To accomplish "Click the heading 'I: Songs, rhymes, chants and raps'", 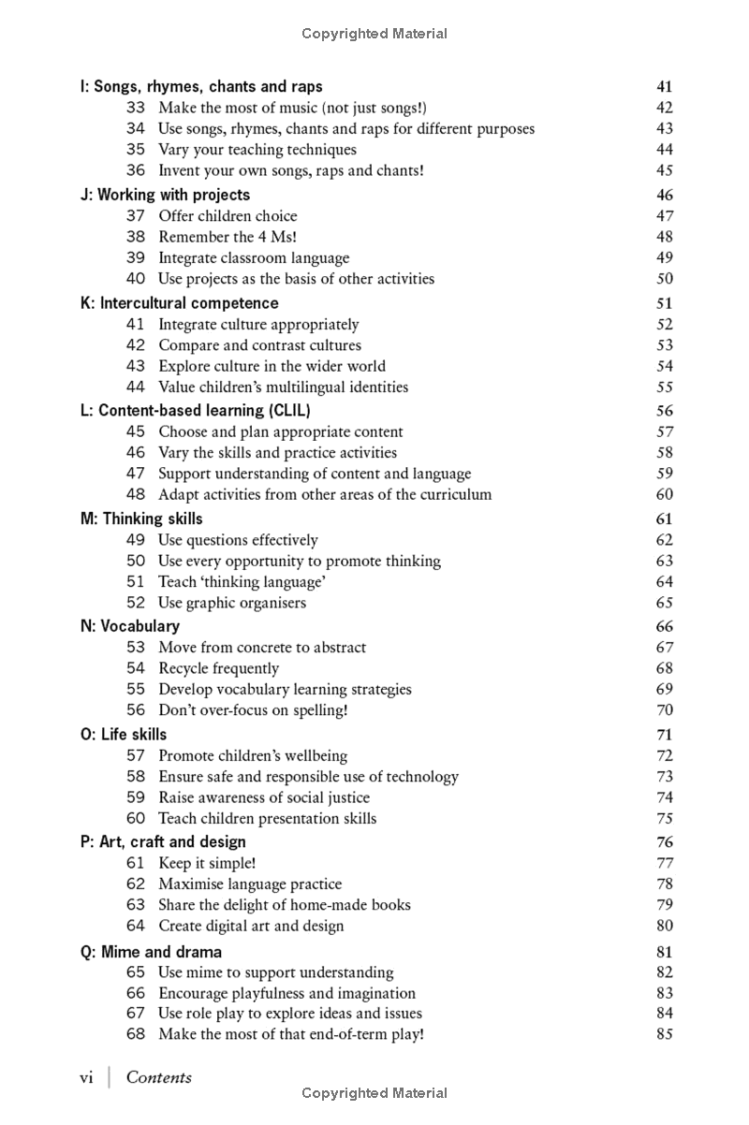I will [201, 87].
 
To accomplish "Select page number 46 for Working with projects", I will [664, 196].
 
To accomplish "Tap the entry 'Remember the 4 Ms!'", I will [228, 237].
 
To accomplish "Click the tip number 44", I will [136, 387].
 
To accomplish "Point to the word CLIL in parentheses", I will [290, 410].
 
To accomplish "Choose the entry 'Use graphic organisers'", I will [232, 603].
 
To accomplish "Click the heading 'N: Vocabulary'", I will [130, 626].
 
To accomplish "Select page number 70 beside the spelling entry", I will [664, 710].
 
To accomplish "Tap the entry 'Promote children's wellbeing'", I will [253, 755].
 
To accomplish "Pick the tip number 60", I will [136, 818].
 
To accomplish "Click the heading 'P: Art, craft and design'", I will [163, 841].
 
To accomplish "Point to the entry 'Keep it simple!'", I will [207, 863].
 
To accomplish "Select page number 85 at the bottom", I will [664, 1034].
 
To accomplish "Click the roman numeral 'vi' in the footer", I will [86, 1077].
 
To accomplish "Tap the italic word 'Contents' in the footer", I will [159, 1077].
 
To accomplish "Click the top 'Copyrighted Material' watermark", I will [374, 34].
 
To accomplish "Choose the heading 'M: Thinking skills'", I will [141, 519].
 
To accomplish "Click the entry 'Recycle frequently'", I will [219, 668].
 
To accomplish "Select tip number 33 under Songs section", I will [136, 108].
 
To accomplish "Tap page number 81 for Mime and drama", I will [664, 953].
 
